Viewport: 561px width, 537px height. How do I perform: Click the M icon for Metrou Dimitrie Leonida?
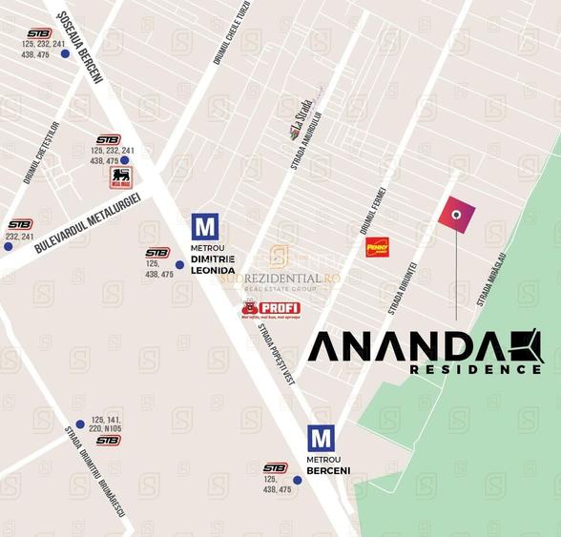[x=205, y=227]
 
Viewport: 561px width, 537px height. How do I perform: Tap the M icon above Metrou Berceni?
[x=322, y=439]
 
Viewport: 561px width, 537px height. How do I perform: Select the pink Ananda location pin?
[x=456, y=215]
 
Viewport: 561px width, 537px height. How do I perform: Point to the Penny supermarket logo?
[x=378, y=247]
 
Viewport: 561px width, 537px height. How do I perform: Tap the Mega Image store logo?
[x=120, y=177]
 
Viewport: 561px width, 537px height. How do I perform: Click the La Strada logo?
[x=301, y=117]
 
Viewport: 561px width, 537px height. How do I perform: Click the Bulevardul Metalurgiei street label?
[x=88, y=222]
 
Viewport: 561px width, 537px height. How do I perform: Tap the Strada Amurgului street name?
[x=308, y=140]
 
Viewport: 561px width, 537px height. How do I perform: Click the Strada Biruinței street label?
[x=402, y=287]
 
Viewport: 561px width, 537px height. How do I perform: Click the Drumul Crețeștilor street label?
[x=42, y=150]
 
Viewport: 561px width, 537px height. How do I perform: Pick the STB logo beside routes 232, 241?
[x=20, y=224]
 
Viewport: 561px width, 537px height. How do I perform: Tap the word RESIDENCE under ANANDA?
[x=475, y=369]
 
